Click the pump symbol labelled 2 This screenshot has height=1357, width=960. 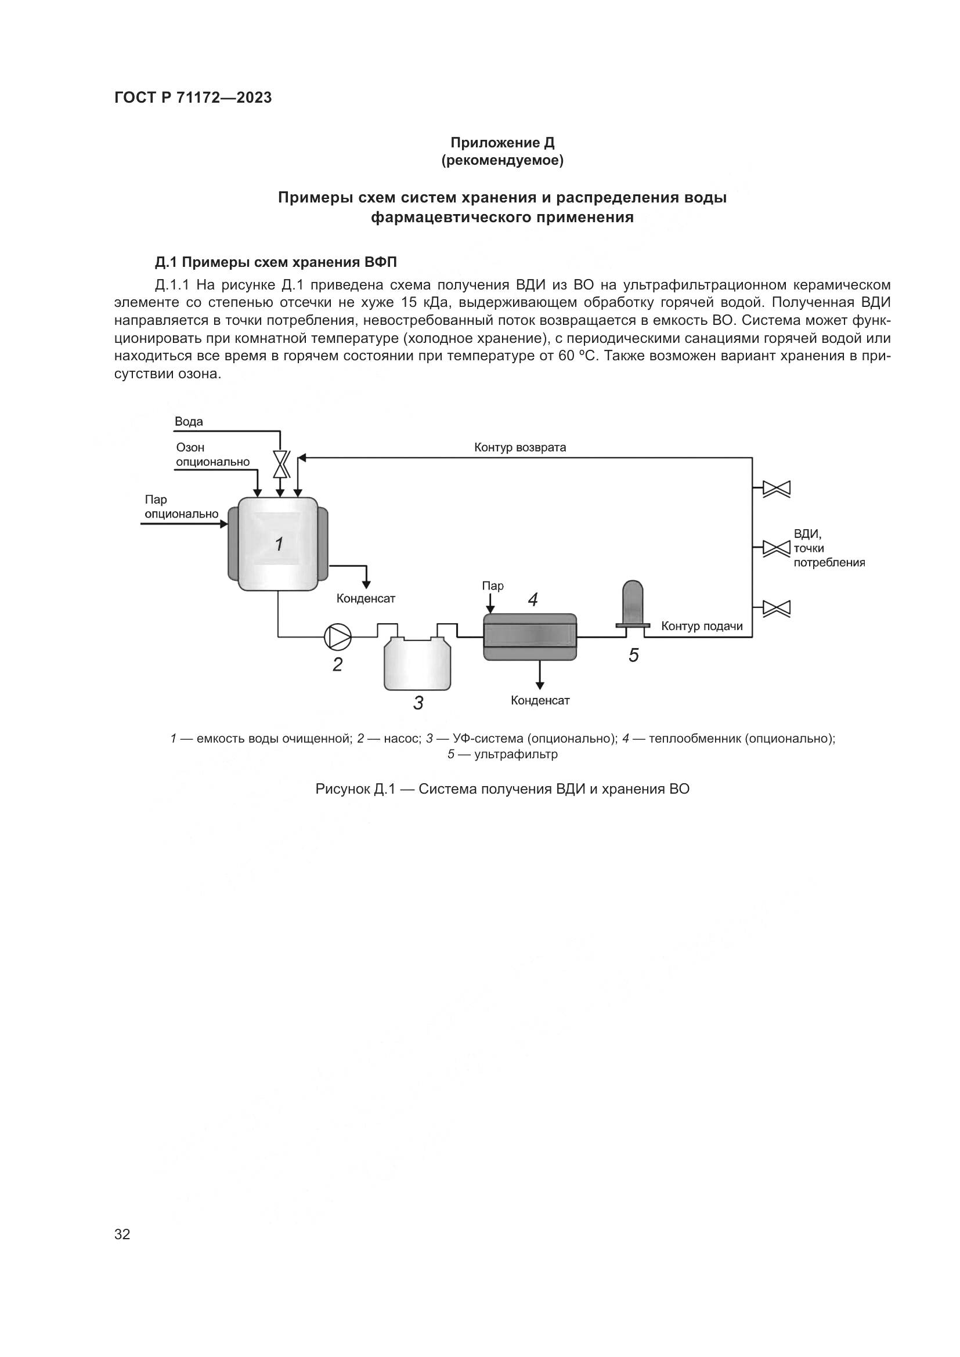click(x=338, y=636)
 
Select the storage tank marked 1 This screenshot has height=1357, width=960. click(x=278, y=544)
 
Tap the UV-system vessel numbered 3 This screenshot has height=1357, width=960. click(x=417, y=664)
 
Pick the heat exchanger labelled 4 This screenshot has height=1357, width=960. click(x=530, y=636)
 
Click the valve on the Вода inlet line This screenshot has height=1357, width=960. click(x=280, y=464)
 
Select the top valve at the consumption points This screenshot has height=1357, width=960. click(x=776, y=488)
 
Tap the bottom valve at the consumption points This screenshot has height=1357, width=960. click(x=776, y=608)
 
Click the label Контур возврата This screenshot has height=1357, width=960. click(x=519, y=447)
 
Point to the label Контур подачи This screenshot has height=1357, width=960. click(x=702, y=626)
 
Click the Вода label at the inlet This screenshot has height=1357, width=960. click(x=189, y=421)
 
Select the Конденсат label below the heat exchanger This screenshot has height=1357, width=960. click(x=540, y=701)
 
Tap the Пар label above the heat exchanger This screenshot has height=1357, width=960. click(x=492, y=586)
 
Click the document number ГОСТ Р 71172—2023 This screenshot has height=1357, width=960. click(x=193, y=97)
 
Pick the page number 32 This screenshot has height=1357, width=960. click(x=122, y=1234)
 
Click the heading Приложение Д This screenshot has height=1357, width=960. click(x=502, y=143)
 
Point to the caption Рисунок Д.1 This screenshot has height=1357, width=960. click(x=502, y=789)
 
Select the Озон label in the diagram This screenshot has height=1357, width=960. click(x=190, y=447)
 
